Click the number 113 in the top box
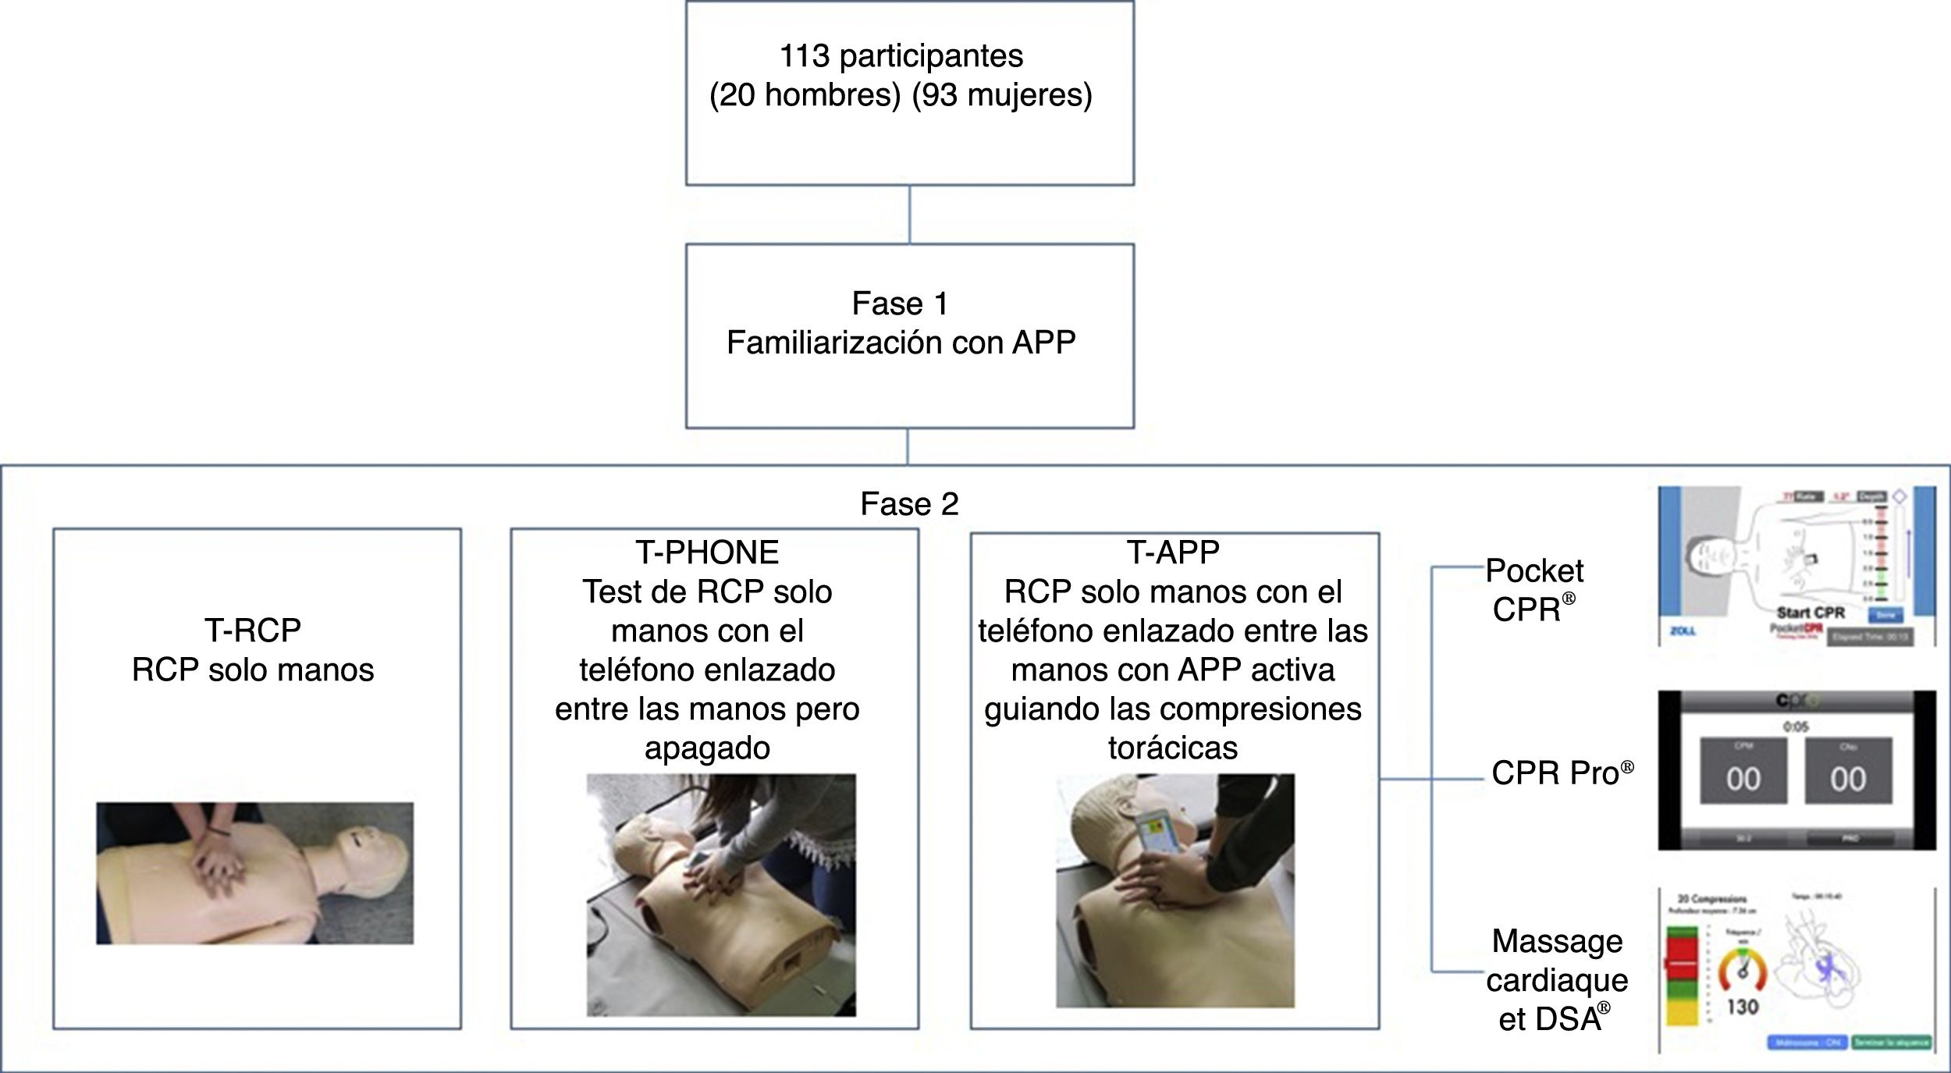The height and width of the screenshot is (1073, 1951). pyautogui.click(x=804, y=56)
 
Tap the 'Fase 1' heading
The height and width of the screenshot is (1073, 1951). pyautogui.click(x=900, y=304)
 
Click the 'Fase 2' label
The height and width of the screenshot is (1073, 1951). pyautogui.click(x=909, y=504)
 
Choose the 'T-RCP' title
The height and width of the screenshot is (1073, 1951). pyautogui.click(x=253, y=630)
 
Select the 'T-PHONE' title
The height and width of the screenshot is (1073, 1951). pyautogui.click(x=707, y=552)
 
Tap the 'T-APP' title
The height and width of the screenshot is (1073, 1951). pyautogui.click(x=1173, y=552)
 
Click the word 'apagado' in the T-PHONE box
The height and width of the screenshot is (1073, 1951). pyautogui.click(x=707, y=748)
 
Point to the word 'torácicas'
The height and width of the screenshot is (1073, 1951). pyautogui.click(x=1173, y=748)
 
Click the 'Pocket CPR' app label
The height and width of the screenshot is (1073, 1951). pyautogui.click(x=1533, y=590)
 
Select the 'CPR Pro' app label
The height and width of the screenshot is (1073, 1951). pyautogui.click(x=1561, y=773)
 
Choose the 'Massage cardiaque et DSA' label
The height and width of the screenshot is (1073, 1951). pyautogui.click(x=1557, y=980)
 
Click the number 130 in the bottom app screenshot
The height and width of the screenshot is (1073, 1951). pyautogui.click(x=1742, y=1007)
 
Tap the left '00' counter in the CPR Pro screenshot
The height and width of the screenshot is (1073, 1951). pyautogui.click(x=1743, y=779)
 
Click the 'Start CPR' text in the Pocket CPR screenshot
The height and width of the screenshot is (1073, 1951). pyautogui.click(x=1811, y=613)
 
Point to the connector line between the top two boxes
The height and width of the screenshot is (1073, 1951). pyautogui.click(x=909, y=215)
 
